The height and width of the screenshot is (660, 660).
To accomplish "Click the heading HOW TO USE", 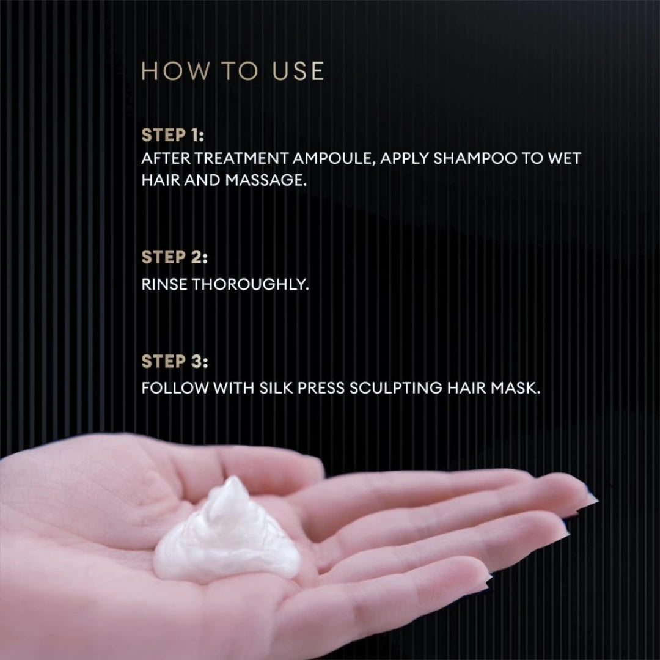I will pyautogui.click(x=232, y=71).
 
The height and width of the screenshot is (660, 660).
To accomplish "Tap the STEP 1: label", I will pyautogui.click(x=173, y=135).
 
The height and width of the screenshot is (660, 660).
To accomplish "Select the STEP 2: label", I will pyautogui.click(x=174, y=258).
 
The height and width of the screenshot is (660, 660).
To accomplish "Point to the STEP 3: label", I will pyautogui.click(x=174, y=362).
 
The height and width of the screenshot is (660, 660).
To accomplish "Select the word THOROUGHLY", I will pyautogui.click(x=251, y=285).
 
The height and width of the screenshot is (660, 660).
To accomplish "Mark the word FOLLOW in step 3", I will pyautogui.click(x=174, y=389).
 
